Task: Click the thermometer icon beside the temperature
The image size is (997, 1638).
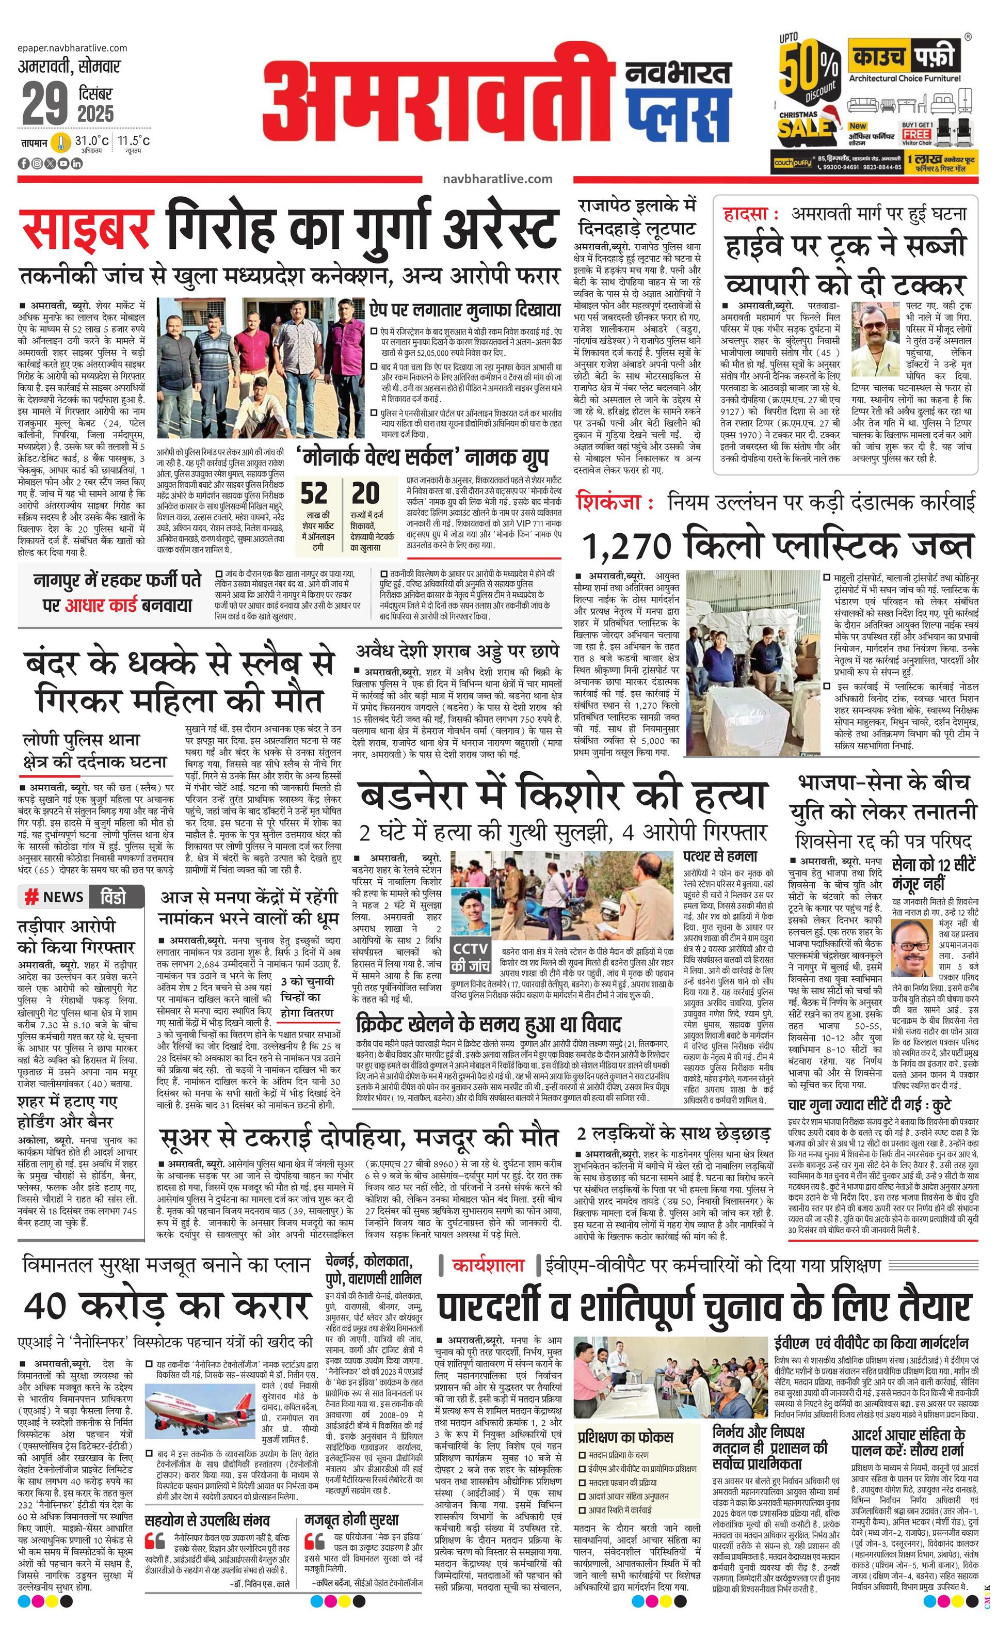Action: point(62,142)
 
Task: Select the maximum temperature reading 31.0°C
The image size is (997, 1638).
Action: point(91,141)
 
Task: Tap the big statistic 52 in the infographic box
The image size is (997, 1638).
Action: point(314,494)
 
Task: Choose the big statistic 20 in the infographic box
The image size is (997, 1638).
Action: point(365,494)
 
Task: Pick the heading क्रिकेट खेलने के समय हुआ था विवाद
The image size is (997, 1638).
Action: point(489,1024)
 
